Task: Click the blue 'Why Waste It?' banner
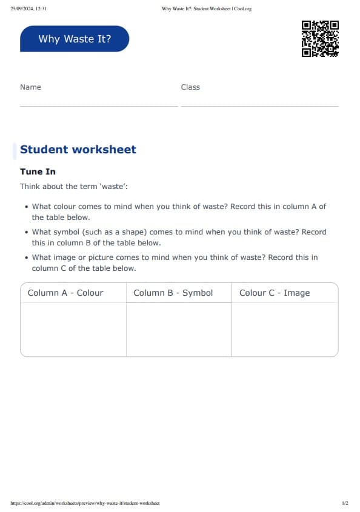(x=75, y=39)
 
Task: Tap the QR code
(x=320, y=39)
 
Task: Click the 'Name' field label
(x=30, y=87)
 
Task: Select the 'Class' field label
(x=190, y=87)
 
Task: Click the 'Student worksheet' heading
(x=78, y=150)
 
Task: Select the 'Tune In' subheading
(x=38, y=172)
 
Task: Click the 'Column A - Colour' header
(x=65, y=293)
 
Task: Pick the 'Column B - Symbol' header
(x=173, y=293)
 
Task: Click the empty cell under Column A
(x=73, y=329)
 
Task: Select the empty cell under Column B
(x=179, y=329)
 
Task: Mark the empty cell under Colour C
(x=285, y=329)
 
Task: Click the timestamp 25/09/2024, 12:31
(x=28, y=8)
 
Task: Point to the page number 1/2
(x=345, y=503)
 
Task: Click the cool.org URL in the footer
(x=85, y=503)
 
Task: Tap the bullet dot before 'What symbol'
(x=27, y=232)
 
